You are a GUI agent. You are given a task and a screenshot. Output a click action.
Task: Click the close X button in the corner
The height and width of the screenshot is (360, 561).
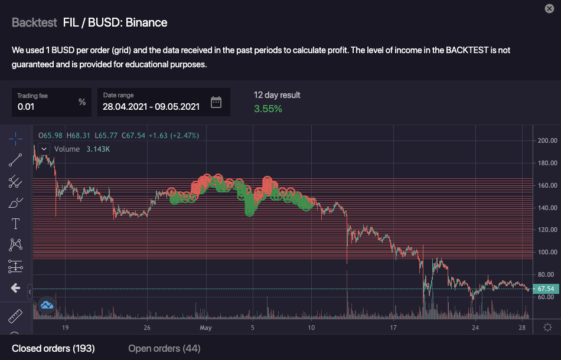[549, 8]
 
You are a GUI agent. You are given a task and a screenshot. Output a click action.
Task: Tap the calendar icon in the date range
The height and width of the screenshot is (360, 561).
[216, 102]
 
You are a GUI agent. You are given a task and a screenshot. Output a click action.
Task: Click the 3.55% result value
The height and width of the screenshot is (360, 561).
[268, 109]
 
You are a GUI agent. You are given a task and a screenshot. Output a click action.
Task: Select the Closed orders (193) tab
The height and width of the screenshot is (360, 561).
[53, 348]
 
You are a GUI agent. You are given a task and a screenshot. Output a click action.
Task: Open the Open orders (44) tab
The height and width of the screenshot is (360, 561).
[164, 348]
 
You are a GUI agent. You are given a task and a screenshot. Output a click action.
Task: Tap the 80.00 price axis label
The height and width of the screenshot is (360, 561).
[546, 274]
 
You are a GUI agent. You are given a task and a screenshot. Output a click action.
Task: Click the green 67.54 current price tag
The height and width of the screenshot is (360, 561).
[546, 289]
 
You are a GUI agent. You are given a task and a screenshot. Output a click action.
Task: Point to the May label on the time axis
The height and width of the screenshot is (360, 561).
[206, 328]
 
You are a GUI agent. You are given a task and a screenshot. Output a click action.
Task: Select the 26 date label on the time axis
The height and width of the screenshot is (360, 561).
[147, 328]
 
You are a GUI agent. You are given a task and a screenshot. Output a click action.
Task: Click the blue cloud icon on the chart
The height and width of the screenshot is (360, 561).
[47, 305]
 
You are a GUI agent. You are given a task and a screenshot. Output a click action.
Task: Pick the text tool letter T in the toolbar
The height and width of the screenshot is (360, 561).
[15, 224]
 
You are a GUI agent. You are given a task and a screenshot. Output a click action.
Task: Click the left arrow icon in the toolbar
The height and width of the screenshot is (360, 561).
[15, 288]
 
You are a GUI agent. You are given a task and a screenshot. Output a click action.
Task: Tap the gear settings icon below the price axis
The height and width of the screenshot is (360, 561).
[547, 328]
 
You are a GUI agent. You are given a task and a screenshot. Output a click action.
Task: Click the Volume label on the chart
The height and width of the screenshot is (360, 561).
[67, 149]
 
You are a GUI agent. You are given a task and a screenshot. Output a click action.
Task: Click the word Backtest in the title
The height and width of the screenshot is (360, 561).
[34, 23]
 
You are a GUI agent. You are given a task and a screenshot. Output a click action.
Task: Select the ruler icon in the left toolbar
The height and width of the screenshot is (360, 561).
[15, 316]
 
